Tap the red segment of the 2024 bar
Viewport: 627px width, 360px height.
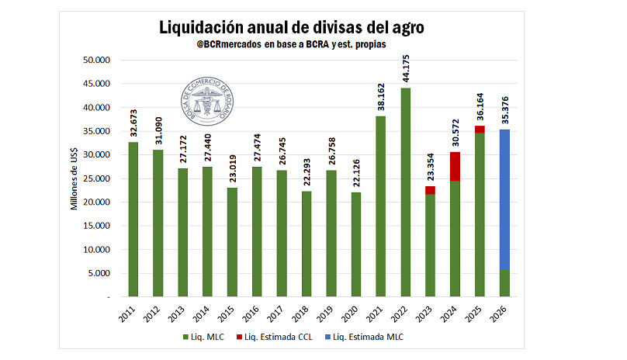tap(455, 166)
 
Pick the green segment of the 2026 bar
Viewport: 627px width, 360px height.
tap(504, 283)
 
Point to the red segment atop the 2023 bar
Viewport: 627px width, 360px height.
tap(430, 190)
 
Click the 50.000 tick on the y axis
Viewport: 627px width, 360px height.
tap(99, 60)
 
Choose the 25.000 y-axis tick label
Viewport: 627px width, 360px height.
tap(99, 178)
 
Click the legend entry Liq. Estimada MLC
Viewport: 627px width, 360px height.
tap(371, 337)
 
